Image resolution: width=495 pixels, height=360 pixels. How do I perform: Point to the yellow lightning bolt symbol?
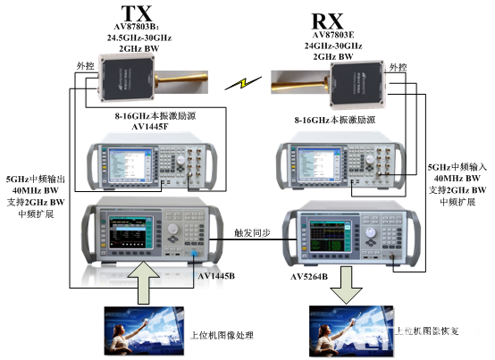237,84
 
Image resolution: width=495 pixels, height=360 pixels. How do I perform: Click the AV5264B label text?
309,277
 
